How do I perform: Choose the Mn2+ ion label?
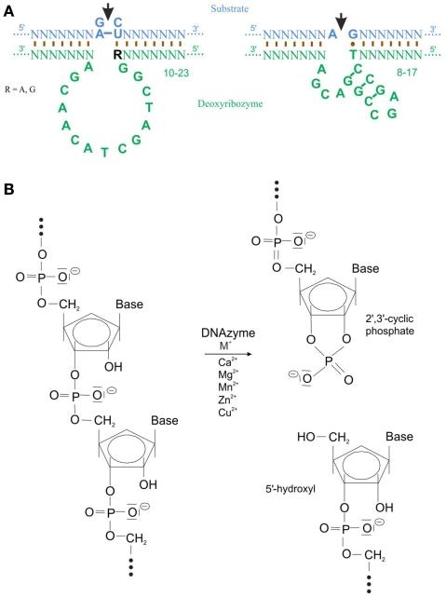click(x=217, y=409)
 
